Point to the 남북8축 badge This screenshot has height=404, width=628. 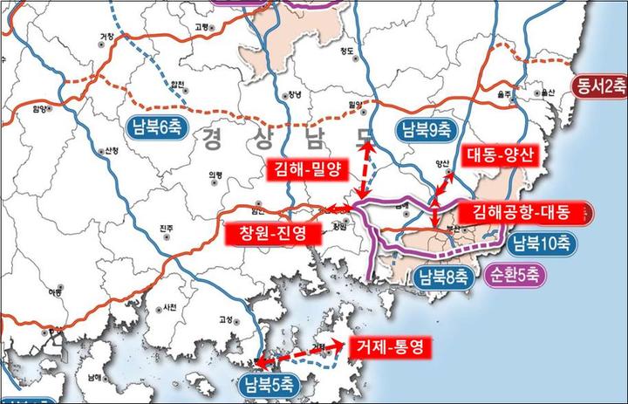point(443,278)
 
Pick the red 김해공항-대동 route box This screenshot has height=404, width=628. point(521,211)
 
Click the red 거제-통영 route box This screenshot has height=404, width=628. point(388,346)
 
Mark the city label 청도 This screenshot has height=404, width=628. point(348,51)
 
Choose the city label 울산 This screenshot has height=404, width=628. point(548,91)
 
